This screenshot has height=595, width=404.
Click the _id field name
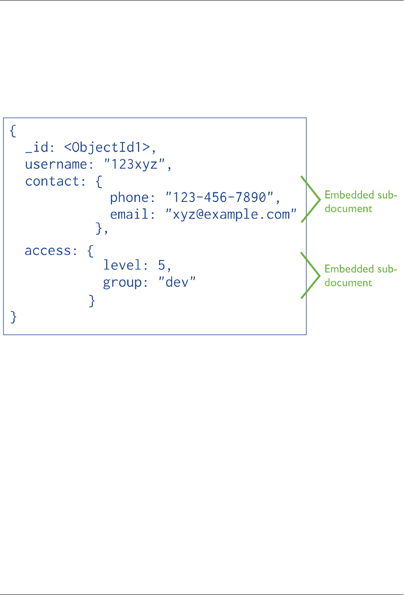coord(37,147)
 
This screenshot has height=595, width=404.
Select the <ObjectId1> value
coord(107,147)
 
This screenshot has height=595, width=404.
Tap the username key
coord(56,164)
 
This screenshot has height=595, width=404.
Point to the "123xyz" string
coord(135,164)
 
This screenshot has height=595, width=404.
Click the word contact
coord(52,181)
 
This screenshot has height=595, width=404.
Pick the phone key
coord(129,198)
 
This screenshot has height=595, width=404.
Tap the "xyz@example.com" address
coord(231,214)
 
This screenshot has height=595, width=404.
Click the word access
coord(48,251)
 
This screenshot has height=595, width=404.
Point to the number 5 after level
coord(162,265)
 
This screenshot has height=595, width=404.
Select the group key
coord(122,282)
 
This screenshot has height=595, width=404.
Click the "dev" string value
coord(177,282)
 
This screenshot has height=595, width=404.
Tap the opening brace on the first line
coord(13,130)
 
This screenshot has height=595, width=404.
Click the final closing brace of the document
coord(13,317)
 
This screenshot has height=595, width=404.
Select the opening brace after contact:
coord(99,181)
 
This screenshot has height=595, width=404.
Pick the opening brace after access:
coord(90,251)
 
